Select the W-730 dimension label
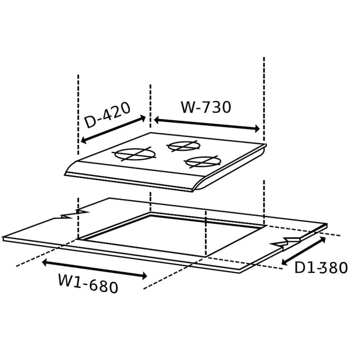click(x=206, y=107)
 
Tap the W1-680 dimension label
click(x=88, y=284)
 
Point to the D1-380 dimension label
click(x=321, y=267)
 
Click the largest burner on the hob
click(x=135, y=154)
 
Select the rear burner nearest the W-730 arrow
click(x=184, y=145)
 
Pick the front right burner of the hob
click(x=203, y=162)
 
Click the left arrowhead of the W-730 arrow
click(x=157, y=120)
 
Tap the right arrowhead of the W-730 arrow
click(x=257, y=129)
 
